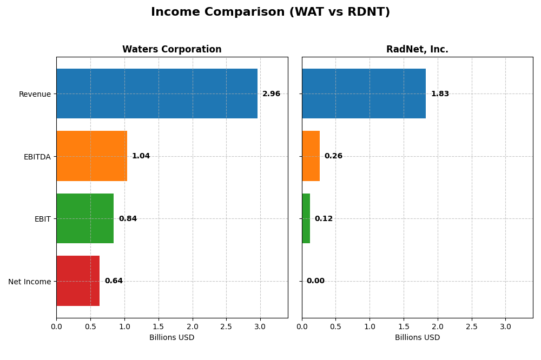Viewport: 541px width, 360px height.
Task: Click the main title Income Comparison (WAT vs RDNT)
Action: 270,12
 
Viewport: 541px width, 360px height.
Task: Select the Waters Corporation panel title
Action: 171,50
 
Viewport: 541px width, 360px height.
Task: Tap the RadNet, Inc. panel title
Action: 417,50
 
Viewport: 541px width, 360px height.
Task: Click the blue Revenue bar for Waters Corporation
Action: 157,94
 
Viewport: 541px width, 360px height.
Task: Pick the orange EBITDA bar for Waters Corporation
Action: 91,156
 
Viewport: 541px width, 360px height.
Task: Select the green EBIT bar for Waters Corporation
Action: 85,218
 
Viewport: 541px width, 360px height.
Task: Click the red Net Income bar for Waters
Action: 78,281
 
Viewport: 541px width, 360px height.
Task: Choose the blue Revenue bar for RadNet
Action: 364,94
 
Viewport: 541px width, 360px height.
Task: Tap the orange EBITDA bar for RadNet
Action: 311,156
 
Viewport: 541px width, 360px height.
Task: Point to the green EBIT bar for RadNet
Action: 306,218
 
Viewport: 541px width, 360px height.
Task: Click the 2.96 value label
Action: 271,94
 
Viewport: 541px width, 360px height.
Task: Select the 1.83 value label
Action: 440,94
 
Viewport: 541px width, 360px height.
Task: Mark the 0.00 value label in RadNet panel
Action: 315,281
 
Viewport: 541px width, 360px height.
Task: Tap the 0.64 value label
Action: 114,281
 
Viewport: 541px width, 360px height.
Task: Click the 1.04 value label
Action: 141,156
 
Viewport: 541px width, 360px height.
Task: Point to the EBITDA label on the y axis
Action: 37,157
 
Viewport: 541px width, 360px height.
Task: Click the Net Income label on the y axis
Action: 29,282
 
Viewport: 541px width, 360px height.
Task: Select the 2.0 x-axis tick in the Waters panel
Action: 192,327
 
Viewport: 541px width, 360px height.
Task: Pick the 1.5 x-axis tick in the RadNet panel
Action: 404,327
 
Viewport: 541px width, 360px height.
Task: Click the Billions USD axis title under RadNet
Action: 417,338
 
